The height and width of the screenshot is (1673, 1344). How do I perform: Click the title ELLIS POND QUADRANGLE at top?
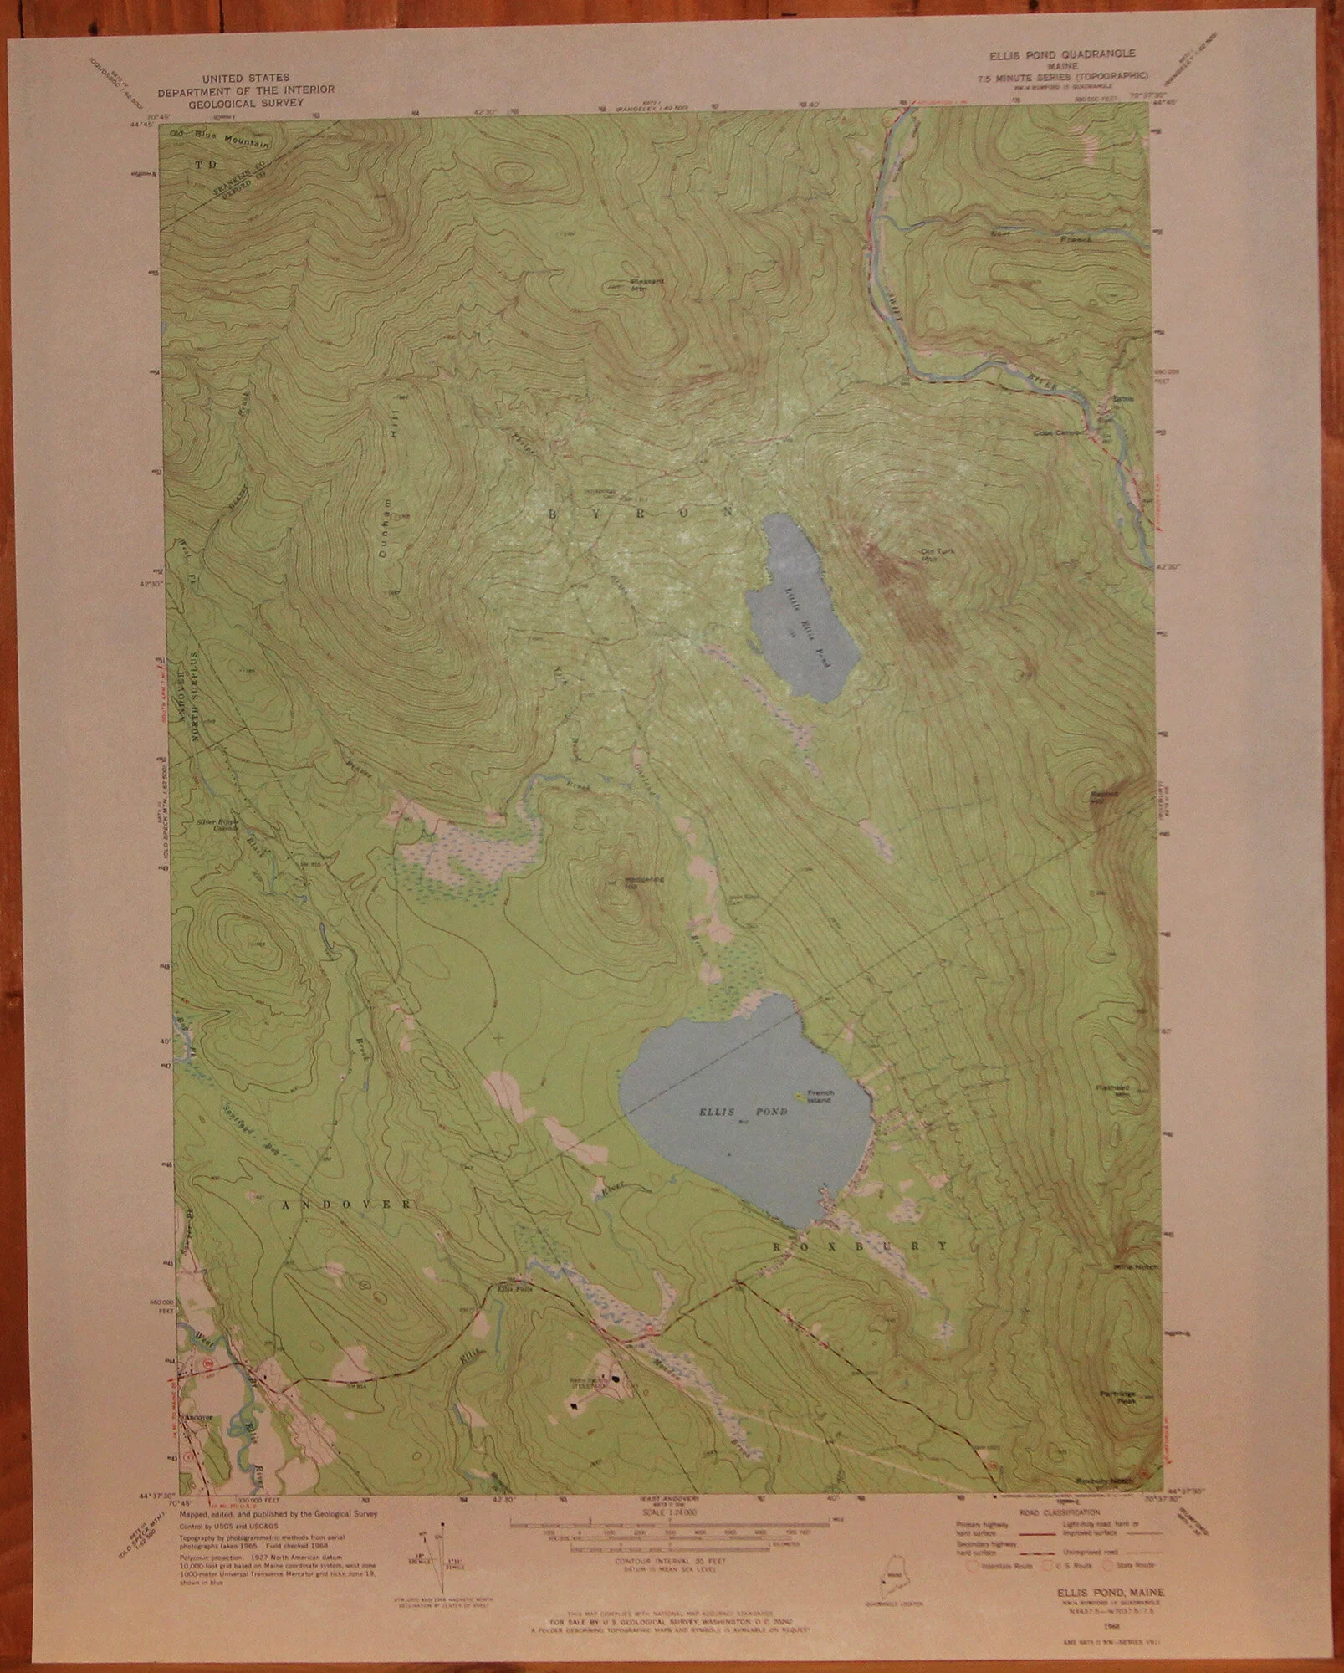(1061, 53)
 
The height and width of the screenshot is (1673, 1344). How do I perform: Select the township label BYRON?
(640, 511)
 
